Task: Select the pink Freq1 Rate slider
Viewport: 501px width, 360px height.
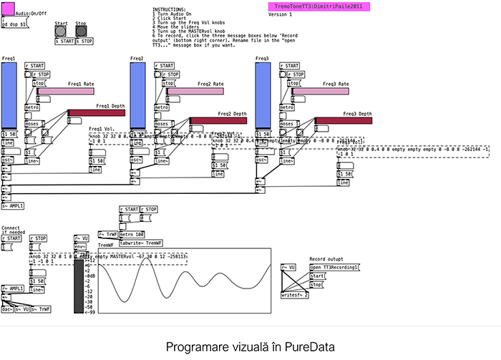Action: point(65,91)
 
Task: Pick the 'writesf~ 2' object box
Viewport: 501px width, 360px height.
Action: point(295,294)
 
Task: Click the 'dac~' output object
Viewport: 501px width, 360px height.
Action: point(7,308)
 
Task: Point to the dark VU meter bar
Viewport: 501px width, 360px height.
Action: point(79,286)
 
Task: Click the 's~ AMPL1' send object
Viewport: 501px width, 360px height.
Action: point(13,206)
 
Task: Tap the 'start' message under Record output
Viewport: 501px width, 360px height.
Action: point(317,276)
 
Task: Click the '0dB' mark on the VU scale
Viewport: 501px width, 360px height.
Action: point(88,276)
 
